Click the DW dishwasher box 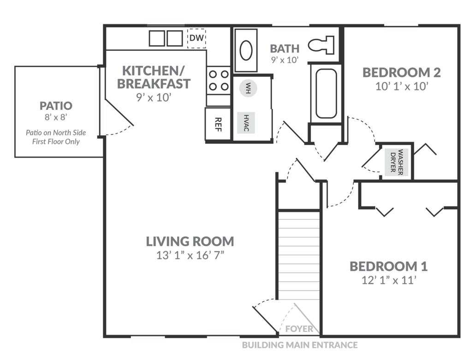point(196,38)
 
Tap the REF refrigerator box point(219,124)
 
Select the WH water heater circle point(248,88)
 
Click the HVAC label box point(246,123)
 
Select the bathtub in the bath point(326,94)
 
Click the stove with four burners point(218,80)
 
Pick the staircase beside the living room point(298,254)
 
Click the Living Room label point(190,241)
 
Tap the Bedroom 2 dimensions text point(402,86)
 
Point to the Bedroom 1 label point(388,266)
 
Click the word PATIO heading point(56,106)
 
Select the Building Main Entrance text point(300,345)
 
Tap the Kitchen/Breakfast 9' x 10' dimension point(154,97)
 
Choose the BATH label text point(285,48)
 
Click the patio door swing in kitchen point(119,115)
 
